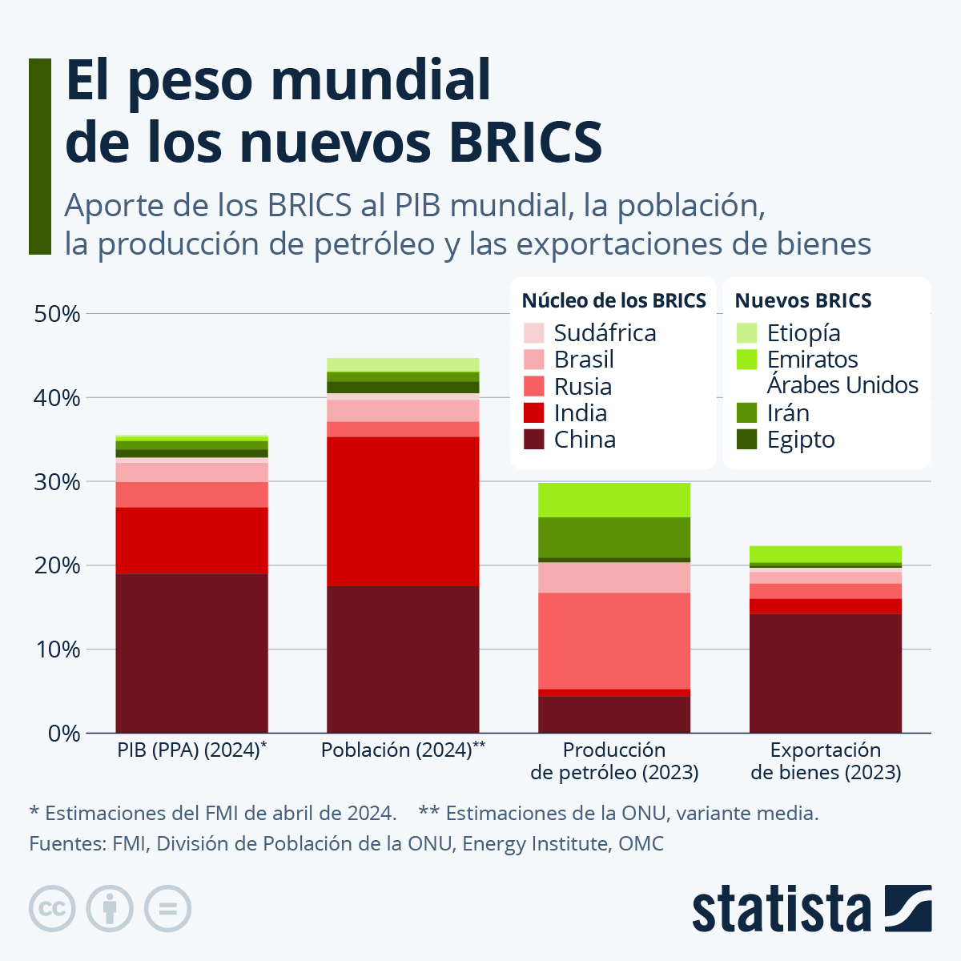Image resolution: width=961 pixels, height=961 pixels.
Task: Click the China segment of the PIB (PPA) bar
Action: click(x=191, y=653)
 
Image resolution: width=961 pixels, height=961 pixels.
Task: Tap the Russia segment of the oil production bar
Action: click(x=614, y=641)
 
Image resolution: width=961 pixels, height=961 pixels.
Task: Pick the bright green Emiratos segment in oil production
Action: click(x=614, y=500)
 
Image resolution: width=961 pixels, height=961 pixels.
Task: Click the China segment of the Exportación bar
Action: click(x=826, y=673)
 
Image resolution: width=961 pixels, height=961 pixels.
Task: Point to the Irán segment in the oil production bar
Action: click(x=614, y=537)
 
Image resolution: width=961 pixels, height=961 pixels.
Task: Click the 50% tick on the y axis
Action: click(x=57, y=314)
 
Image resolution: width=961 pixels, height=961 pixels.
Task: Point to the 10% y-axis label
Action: click(x=57, y=649)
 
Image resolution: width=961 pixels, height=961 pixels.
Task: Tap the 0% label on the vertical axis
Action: click(x=63, y=734)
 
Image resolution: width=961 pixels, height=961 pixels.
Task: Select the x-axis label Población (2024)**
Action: click(x=403, y=750)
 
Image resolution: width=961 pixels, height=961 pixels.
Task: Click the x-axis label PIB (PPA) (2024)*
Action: click(x=191, y=750)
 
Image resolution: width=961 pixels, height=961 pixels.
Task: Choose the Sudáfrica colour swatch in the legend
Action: click(x=533, y=333)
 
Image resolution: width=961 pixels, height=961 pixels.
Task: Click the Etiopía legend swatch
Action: click(x=746, y=333)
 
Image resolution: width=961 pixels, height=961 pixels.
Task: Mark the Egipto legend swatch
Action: click(x=746, y=440)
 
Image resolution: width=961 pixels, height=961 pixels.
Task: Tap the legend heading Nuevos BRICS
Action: click(x=802, y=301)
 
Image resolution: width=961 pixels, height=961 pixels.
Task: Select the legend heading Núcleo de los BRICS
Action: click(x=613, y=301)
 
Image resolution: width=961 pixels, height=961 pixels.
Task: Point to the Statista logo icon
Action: click(x=908, y=908)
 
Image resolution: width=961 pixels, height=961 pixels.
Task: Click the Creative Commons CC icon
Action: click(x=52, y=909)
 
